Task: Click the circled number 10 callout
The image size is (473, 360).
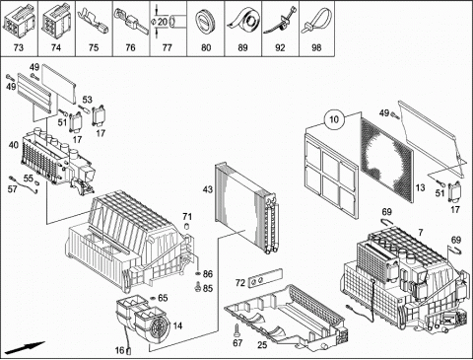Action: click(334, 119)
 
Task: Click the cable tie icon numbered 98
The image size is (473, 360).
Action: click(316, 21)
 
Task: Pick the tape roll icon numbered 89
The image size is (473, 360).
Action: click(242, 21)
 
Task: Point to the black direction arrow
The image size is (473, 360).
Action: click(25, 347)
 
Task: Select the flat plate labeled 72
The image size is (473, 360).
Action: click(265, 279)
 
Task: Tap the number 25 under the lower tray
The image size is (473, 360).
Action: click(262, 345)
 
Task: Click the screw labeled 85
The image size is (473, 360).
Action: click(198, 287)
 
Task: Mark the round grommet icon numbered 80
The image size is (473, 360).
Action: click(206, 21)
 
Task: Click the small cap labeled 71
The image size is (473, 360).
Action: click(187, 226)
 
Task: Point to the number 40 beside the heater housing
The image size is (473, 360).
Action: click(14, 145)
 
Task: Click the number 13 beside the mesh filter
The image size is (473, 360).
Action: click(420, 187)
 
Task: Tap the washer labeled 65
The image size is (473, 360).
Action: click(153, 298)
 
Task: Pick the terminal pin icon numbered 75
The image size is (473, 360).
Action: click(94, 21)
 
